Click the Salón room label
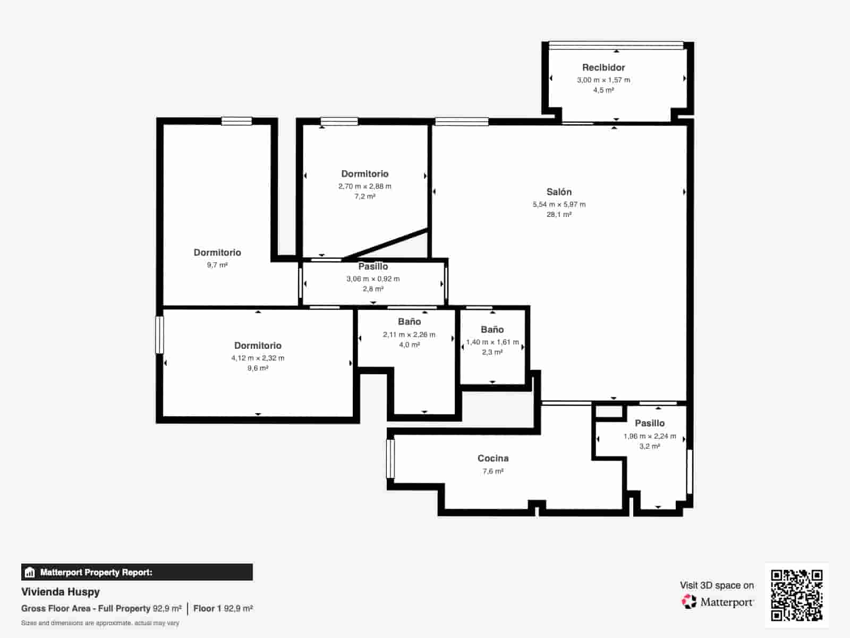[559, 192]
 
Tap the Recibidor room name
[603, 68]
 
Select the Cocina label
[493, 458]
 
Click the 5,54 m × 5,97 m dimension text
[559, 204]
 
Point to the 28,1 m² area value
[559, 215]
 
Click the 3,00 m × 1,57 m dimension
[603, 80]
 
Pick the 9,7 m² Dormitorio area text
[217, 265]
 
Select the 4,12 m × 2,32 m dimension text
[258, 358]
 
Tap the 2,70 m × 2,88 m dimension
[365, 186]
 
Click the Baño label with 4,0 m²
[409, 322]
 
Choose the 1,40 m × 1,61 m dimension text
[492, 342]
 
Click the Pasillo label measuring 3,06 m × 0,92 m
[373, 266]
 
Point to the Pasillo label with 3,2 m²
[650, 423]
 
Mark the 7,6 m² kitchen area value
[493, 471]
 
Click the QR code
[796, 595]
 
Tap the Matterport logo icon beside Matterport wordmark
[689, 602]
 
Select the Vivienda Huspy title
[61, 592]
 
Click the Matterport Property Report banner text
[96, 573]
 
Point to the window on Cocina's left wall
[390, 458]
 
